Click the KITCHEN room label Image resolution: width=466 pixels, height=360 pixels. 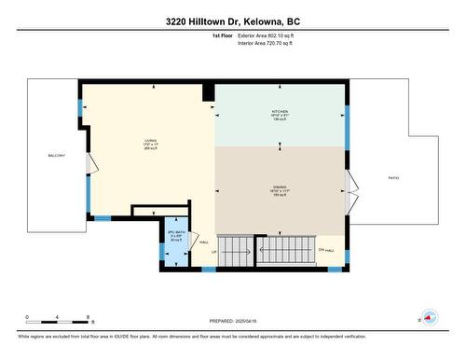click(280, 112)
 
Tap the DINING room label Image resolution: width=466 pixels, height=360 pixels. click(280, 186)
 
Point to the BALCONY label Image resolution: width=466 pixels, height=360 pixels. click(57, 155)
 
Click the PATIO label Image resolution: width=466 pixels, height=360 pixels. click(394, 177)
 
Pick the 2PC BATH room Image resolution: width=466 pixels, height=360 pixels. click(174, 235)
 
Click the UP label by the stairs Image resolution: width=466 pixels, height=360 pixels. click(214, 252)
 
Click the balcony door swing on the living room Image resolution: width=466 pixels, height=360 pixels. click(90, 164)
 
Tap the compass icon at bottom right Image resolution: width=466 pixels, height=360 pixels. click(430, 317)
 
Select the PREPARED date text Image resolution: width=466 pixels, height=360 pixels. click(233, 318)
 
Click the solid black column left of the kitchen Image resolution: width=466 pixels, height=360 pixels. click(209, 91)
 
